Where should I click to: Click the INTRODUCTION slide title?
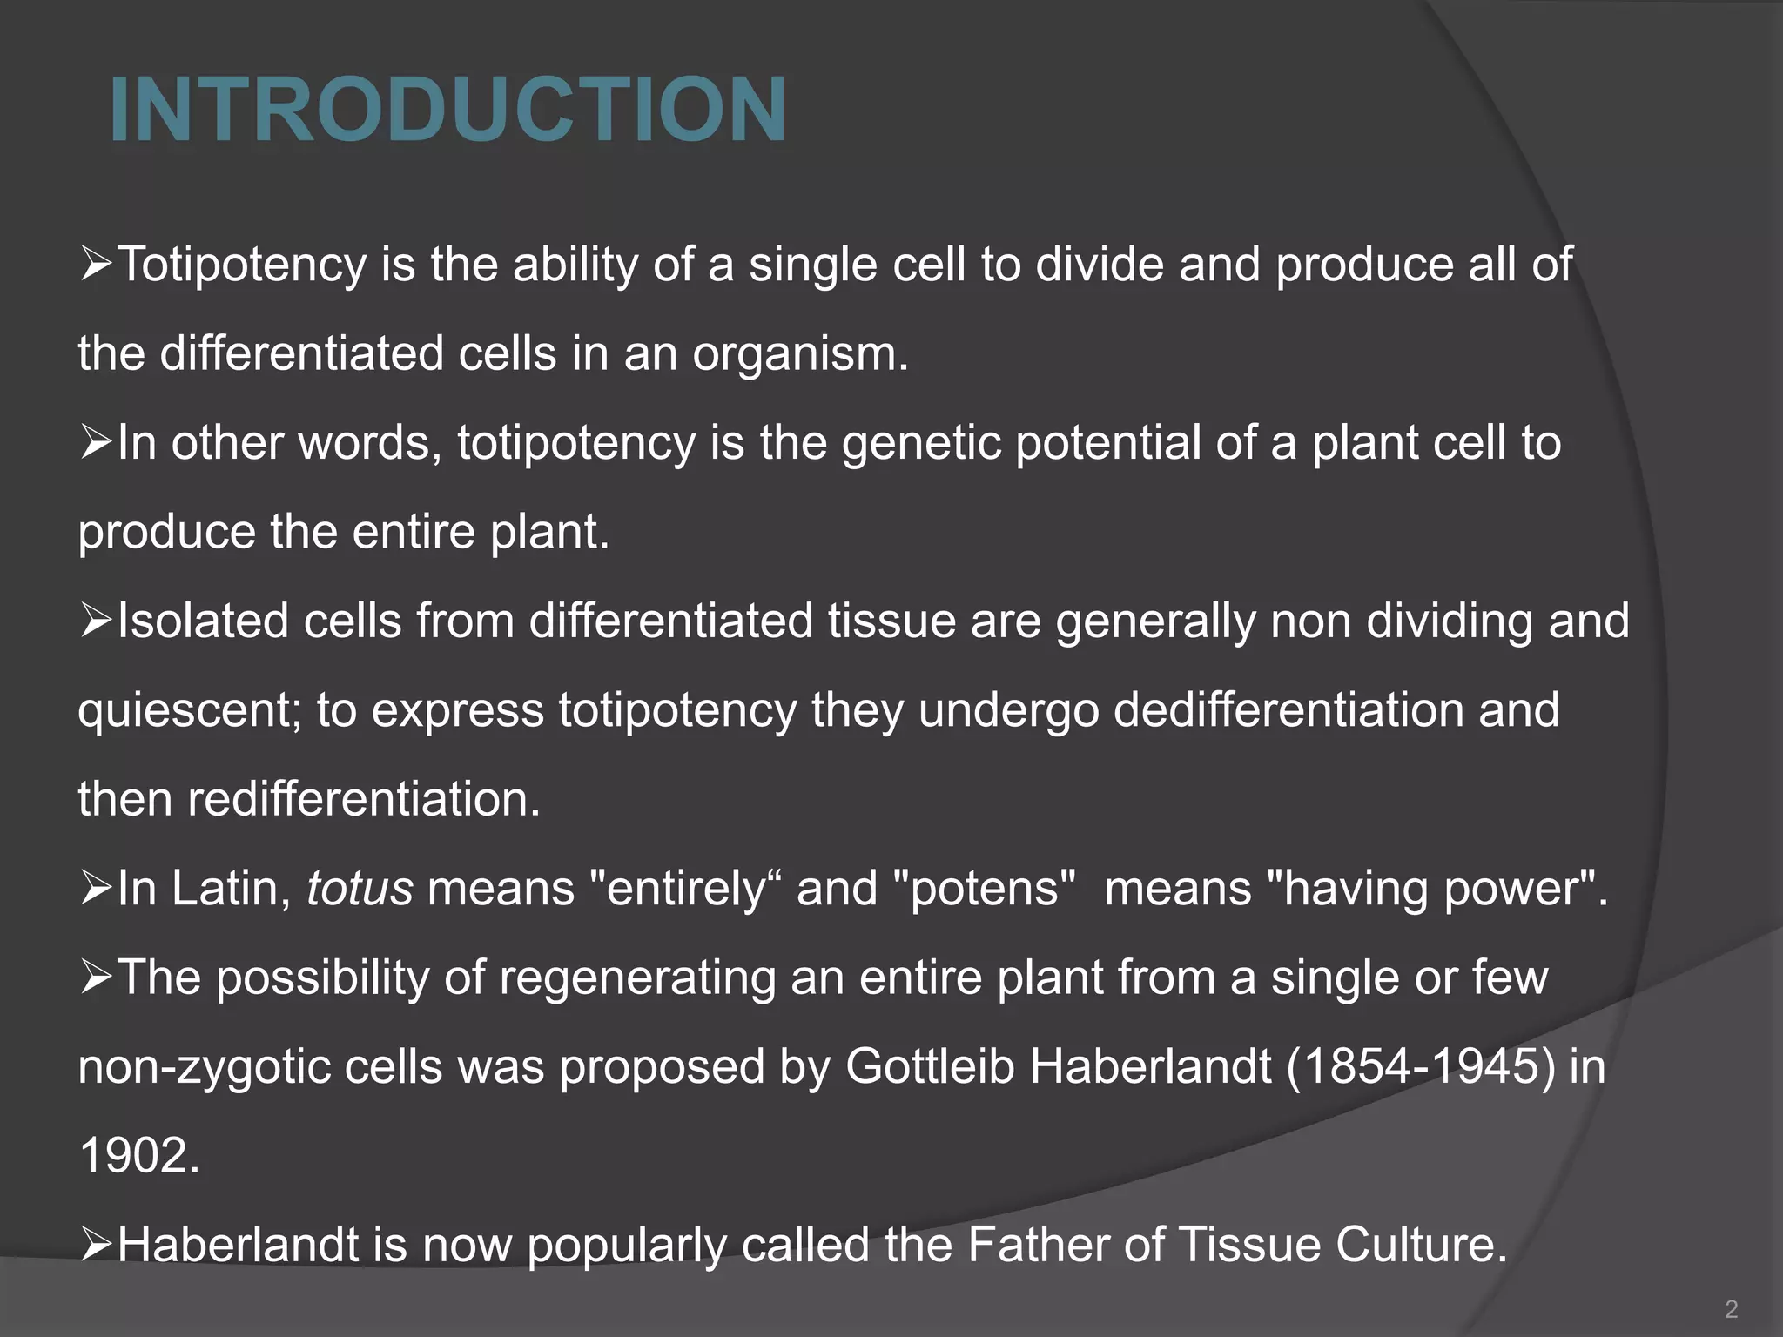(448, 111)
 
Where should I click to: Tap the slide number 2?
(1731, 1308)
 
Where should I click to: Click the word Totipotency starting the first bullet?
(242, 265)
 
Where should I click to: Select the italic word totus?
(360, 889)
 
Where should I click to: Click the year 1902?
(139, 1156)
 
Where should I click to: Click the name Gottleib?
(930, 1066)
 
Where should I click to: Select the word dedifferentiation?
(1288, 710)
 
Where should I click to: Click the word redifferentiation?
(363, 799)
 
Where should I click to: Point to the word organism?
(799, 353)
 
